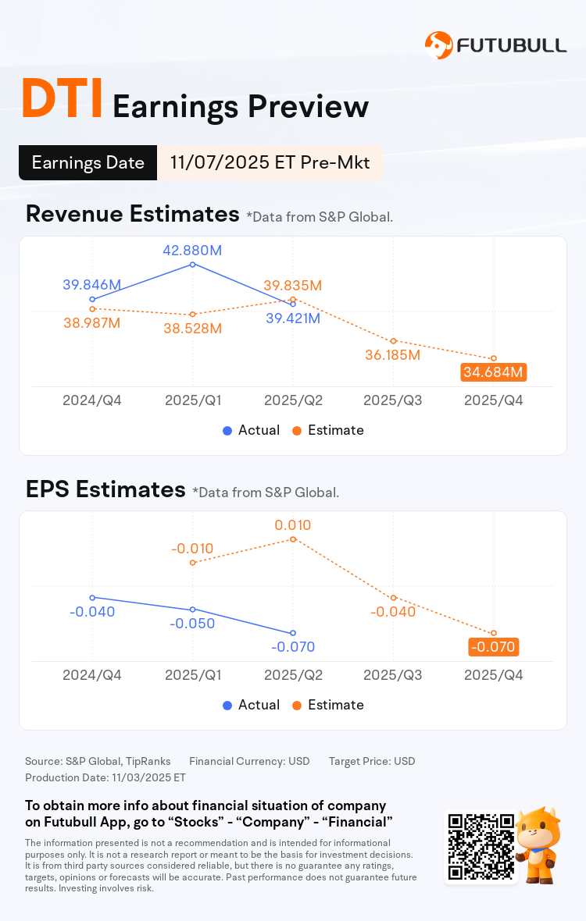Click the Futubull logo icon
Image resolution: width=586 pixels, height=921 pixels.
(438, 44)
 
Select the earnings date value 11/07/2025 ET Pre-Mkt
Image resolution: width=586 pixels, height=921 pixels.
(270, 163)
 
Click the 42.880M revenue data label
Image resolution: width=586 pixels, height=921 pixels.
(193, 251)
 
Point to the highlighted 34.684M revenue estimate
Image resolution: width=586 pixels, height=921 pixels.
(493, 372)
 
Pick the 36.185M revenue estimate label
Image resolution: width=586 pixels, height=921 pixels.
(393, 355)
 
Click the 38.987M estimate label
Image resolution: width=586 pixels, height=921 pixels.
(91, 323)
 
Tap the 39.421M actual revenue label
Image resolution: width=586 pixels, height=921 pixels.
(292, 318)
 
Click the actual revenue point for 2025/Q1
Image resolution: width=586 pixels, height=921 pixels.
(193, 265)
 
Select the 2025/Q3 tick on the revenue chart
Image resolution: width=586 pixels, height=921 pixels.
(393, 400)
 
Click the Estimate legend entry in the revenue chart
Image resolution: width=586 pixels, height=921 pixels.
(328, 430)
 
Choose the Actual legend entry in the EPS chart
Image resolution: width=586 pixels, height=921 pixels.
(251, 705)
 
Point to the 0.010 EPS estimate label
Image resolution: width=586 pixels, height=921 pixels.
(293, 525)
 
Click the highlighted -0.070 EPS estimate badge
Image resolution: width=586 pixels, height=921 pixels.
(493, 647)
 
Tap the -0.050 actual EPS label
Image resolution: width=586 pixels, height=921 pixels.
(192, 624)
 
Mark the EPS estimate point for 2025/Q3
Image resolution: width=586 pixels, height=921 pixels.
(394, 598)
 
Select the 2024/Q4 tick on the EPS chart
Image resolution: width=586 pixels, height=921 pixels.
(92, 675)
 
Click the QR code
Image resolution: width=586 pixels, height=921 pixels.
(481, 847)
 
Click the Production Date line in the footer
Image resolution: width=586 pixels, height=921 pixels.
(105, 777)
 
